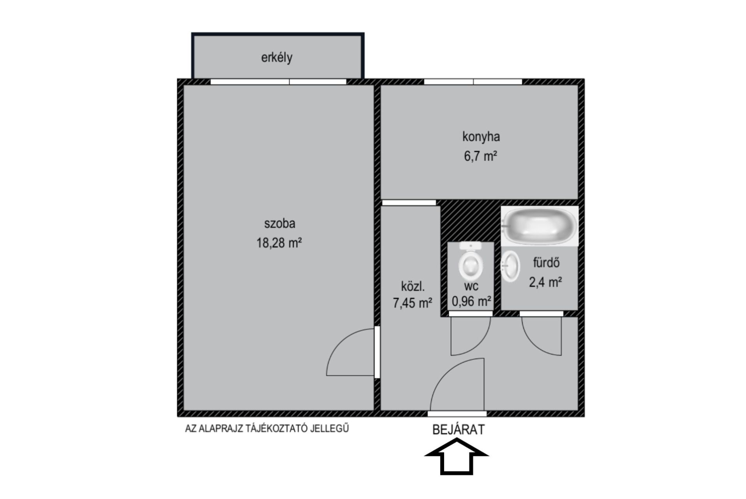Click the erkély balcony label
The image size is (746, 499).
[277, 58]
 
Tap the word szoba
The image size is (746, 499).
[280, 223]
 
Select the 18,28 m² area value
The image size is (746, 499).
[279, 243]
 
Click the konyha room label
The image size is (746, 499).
[481, 137]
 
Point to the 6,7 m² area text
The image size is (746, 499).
[480, 156]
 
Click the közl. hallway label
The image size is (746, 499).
[413, 287]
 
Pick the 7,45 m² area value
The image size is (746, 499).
[413, 303]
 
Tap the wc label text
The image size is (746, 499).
[471, 287]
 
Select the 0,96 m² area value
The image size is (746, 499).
[471, 301]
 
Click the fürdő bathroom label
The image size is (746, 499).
[546, 263]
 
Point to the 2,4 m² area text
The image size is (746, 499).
[545, 282]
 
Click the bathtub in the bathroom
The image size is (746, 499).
[540, 226]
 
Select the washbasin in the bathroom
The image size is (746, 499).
[510, 266]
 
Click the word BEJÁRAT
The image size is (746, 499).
[459, 430]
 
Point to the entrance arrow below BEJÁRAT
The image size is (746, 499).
[457, 456]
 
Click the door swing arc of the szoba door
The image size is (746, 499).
[339, 341]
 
